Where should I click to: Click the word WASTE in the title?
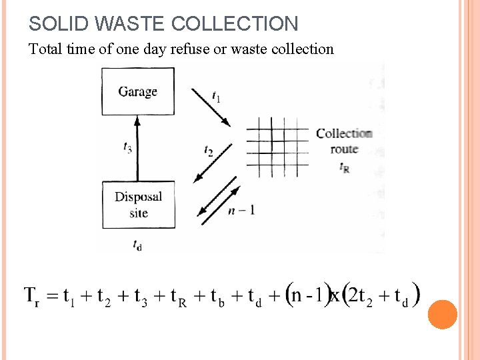coord(132,24)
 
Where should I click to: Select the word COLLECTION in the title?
coord(235,24)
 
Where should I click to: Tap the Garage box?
coord(137,91)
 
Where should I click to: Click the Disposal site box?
coord(138,205)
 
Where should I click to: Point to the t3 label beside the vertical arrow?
coord(127,147)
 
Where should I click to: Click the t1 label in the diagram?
coord(216,97)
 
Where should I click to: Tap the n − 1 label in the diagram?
coord(241,210)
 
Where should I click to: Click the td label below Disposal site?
coord(137,245)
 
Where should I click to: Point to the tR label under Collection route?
coord(344,167)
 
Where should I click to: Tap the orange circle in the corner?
coord(443,315)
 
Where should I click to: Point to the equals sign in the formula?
coord(51,295)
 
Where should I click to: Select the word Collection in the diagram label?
coord(344,133)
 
